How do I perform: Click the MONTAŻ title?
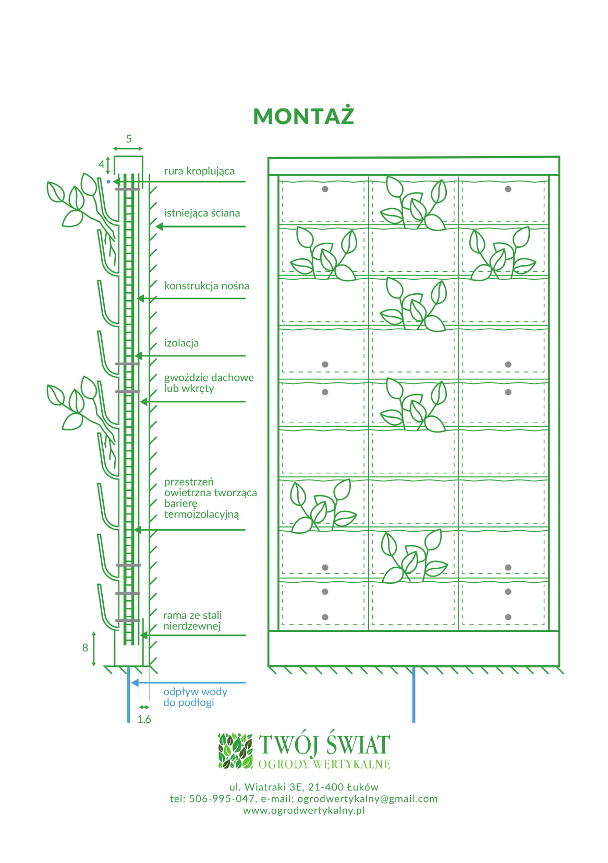coord(303,116)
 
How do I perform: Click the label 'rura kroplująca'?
coord(199,171)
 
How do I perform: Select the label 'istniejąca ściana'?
coord(202,213)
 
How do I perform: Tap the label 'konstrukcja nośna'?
coord(206,285)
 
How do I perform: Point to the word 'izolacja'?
coord(181,343)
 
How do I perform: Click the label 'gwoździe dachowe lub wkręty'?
coord(209,383)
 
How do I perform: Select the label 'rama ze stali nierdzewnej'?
coord(192,620)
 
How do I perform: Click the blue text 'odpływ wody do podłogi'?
coord(195,697)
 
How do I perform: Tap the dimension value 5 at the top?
coord(129,139)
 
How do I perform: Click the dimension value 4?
coord(102,164)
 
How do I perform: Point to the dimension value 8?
coord(86,648)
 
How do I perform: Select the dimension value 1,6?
coord(144,719)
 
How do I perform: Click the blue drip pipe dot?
coord(108,182)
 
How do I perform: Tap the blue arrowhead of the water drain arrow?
coord(134,682)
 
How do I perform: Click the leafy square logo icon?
coord(235,751)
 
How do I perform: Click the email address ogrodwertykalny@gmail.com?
coord(367,799)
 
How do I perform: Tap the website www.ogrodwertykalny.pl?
coord(304,810)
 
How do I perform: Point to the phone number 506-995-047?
coord(222,799)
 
